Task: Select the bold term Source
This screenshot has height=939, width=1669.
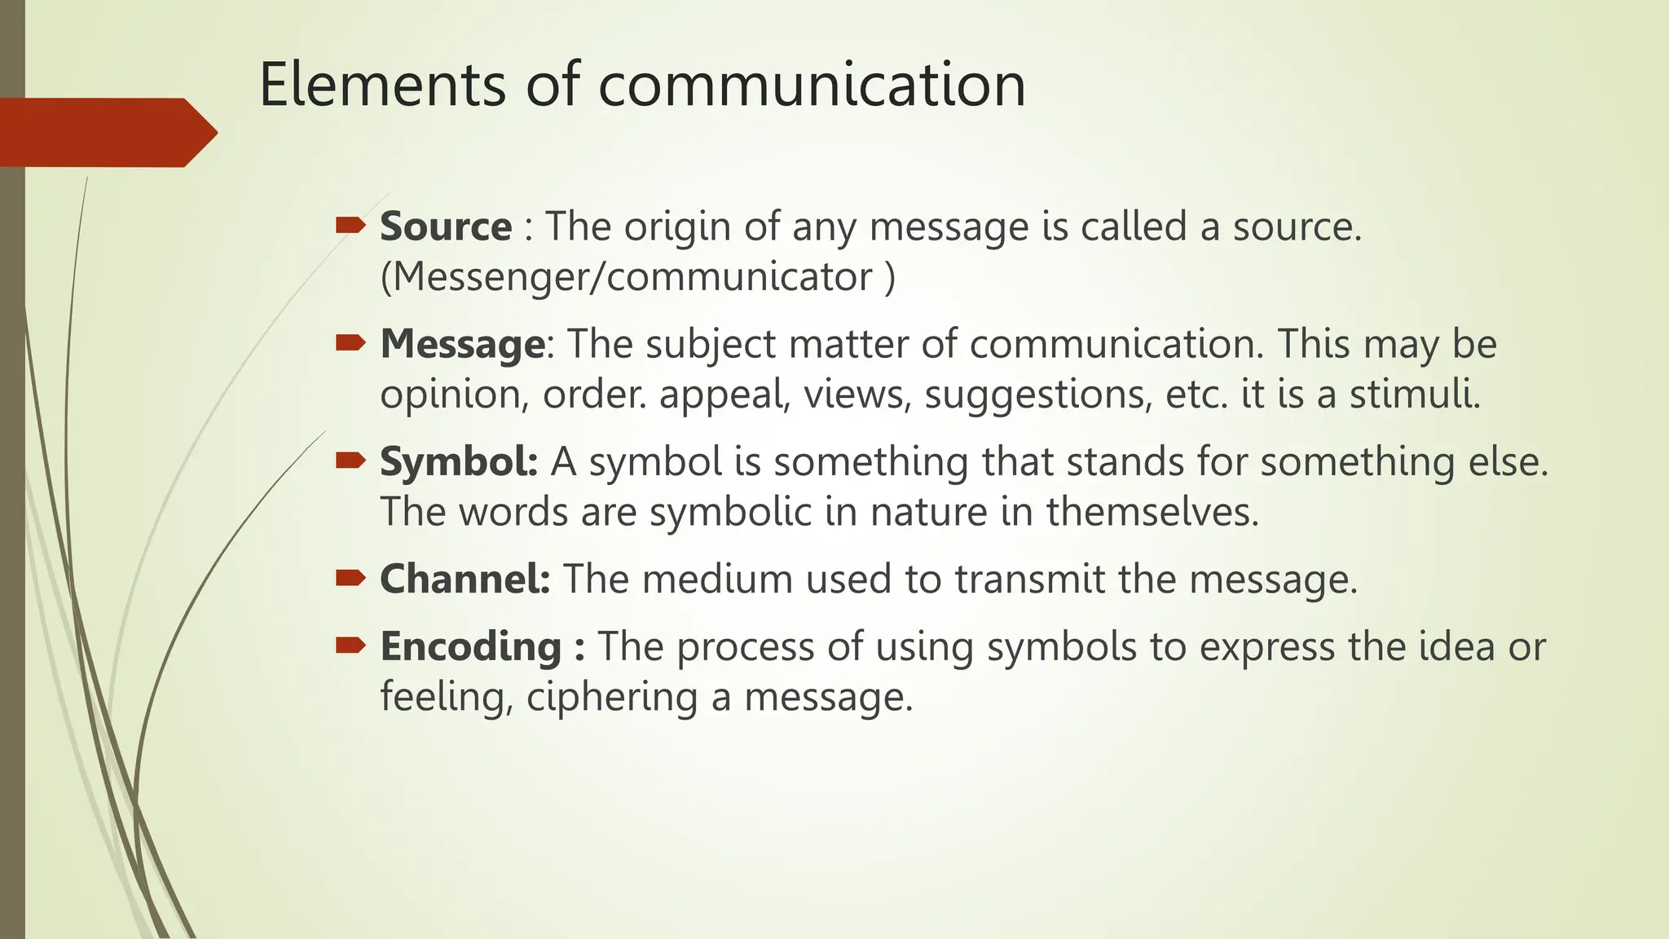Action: (x=446, y=227)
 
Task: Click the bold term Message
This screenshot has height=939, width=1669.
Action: (x=462, y=344)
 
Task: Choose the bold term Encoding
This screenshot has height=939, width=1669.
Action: (x=470, y=646)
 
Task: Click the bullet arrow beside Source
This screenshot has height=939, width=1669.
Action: (x=350, y=226)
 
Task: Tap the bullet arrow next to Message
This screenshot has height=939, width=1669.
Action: (x=350, y=343)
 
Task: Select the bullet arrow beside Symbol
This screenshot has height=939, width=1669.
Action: (x=350, y=461)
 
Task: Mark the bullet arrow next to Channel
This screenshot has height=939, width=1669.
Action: (x=350, y=578)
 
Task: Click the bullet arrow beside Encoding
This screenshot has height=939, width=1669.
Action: (x=350, y=646)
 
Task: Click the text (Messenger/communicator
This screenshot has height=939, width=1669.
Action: (x=627, y=277)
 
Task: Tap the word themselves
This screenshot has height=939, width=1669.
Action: (x=1152, y=512)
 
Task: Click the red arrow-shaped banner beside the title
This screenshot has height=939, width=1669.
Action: (x=106, y=132)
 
